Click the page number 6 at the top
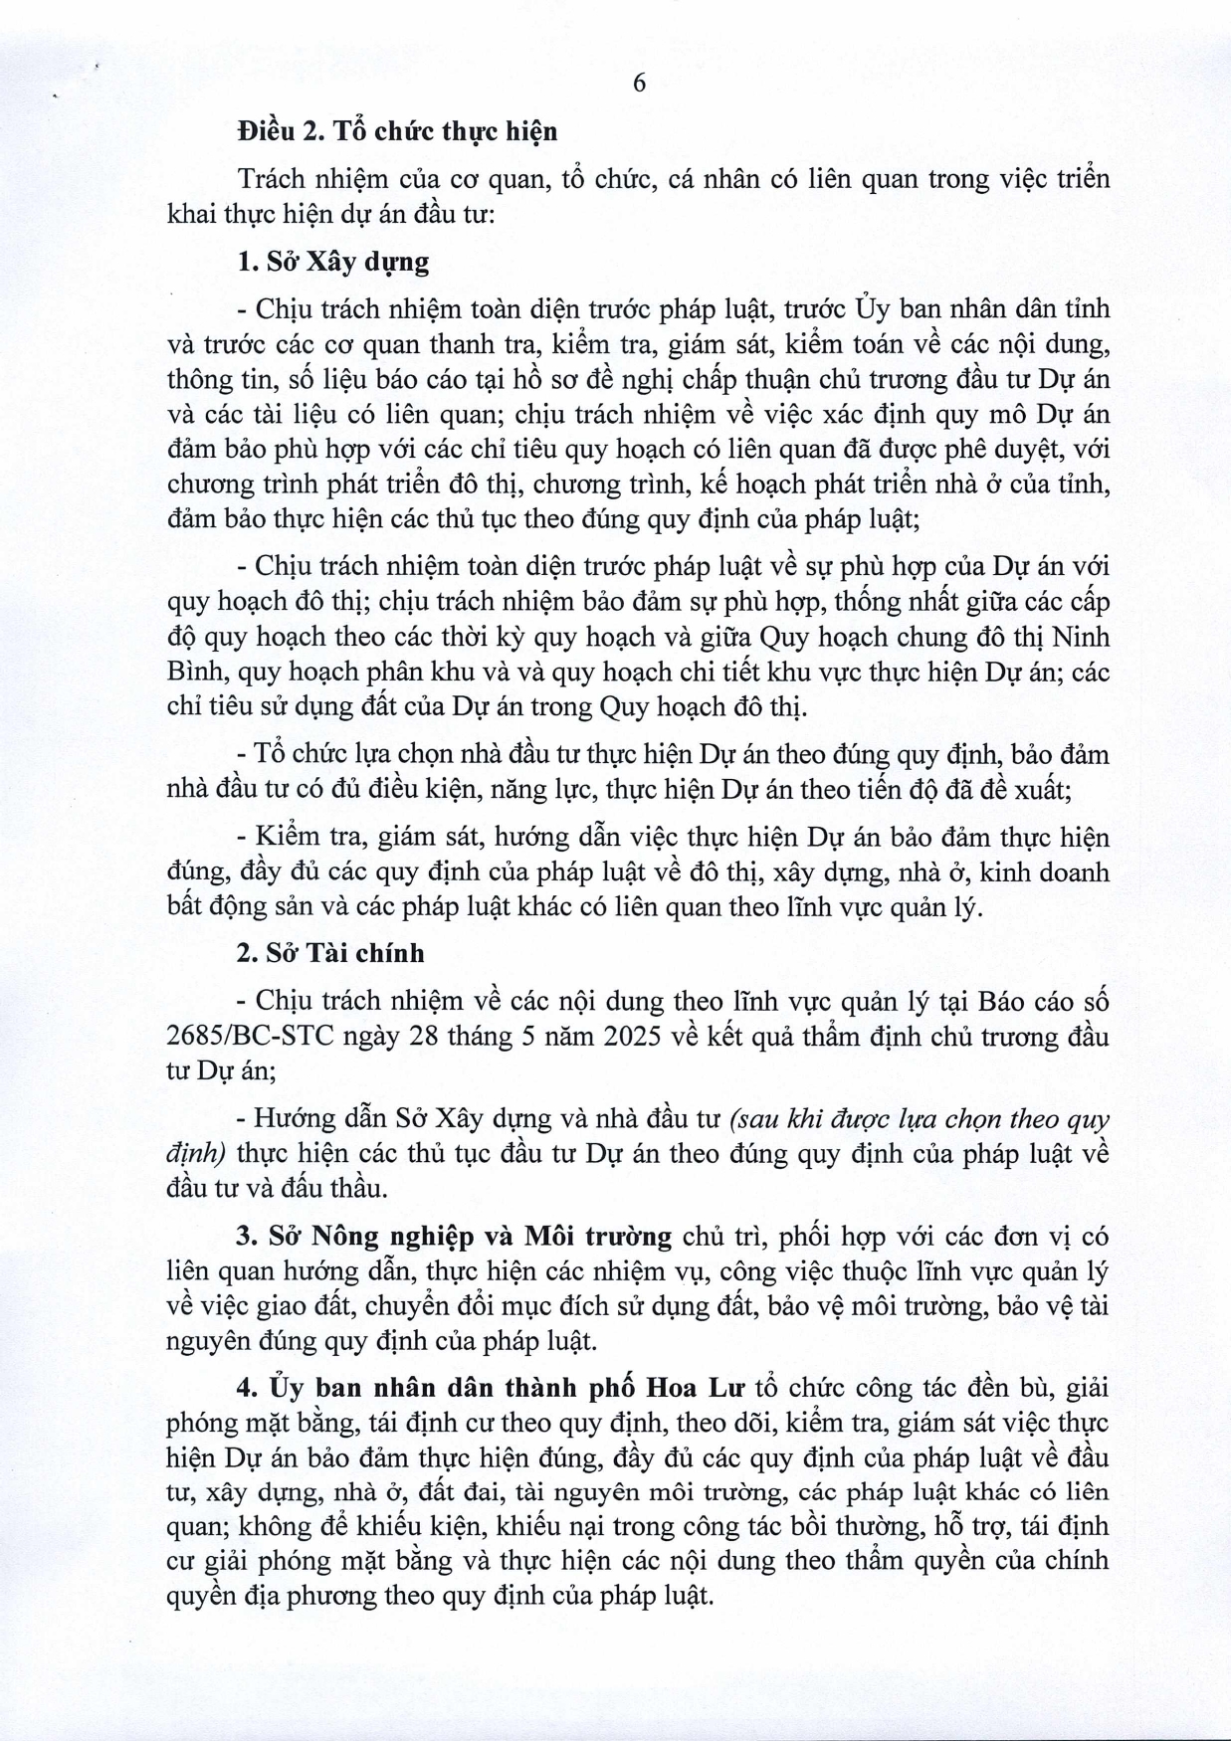click(639, 84)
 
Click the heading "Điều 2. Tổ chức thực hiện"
click(397, 131)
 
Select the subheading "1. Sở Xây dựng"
click(333, 262)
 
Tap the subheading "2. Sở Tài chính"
click(330, 953)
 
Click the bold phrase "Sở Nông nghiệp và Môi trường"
click(469, 1237)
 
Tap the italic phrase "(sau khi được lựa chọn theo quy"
click(920, 1119)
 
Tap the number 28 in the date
click(432, 1036)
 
